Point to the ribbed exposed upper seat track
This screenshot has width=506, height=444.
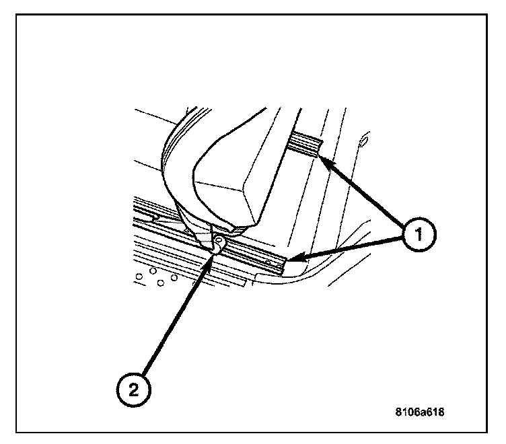click(x=303, y=143)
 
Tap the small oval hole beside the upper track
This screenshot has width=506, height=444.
click(x=364, y=141)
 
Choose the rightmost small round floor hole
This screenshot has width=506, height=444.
click(x=174, y=277)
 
